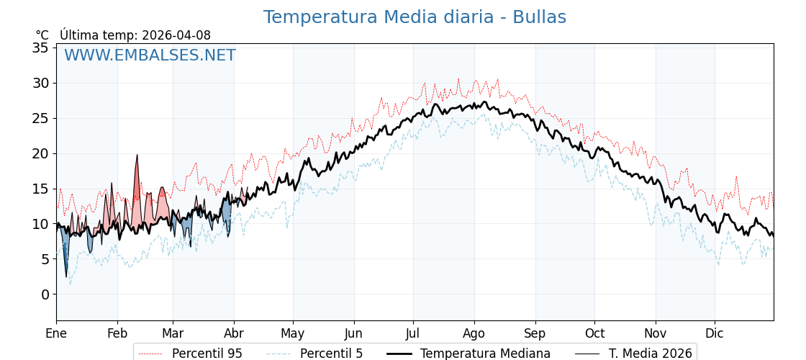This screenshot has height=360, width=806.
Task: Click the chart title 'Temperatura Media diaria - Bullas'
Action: coord(415,17)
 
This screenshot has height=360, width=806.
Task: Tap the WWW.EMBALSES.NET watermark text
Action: coord(150,55)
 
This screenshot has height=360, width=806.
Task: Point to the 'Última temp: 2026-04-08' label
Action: coord(135,35)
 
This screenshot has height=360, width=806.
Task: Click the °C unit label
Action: coord(42,35)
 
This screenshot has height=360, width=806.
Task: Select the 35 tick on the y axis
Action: coord(40,48)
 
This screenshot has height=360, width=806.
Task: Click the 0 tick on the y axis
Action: coord(45,294)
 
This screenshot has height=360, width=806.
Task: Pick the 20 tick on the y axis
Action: coord(40,153)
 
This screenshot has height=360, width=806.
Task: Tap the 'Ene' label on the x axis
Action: coord(56,333)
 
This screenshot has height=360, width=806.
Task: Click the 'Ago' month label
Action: coord(474,333)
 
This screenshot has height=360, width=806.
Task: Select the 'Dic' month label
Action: coord(714,333)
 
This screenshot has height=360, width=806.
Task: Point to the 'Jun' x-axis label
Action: coord(353,333)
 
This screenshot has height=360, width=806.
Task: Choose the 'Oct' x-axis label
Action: coord(594,333)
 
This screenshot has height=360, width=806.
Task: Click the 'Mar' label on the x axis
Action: coord(173,333)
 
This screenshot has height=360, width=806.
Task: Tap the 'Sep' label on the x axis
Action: coord(535,333)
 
